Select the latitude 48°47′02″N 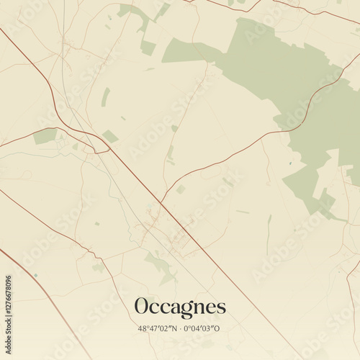click(x=155, y=328)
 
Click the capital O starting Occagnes click(x=143, y=306)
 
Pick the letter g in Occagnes click(x=184, y=310)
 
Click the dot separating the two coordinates click(x=180, y=328)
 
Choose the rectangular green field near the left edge click(x=45, y=136)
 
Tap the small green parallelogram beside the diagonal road click(x=110, y=136)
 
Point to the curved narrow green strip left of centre click(x=106, y=97)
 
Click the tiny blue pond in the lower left click(x=35, y=275)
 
